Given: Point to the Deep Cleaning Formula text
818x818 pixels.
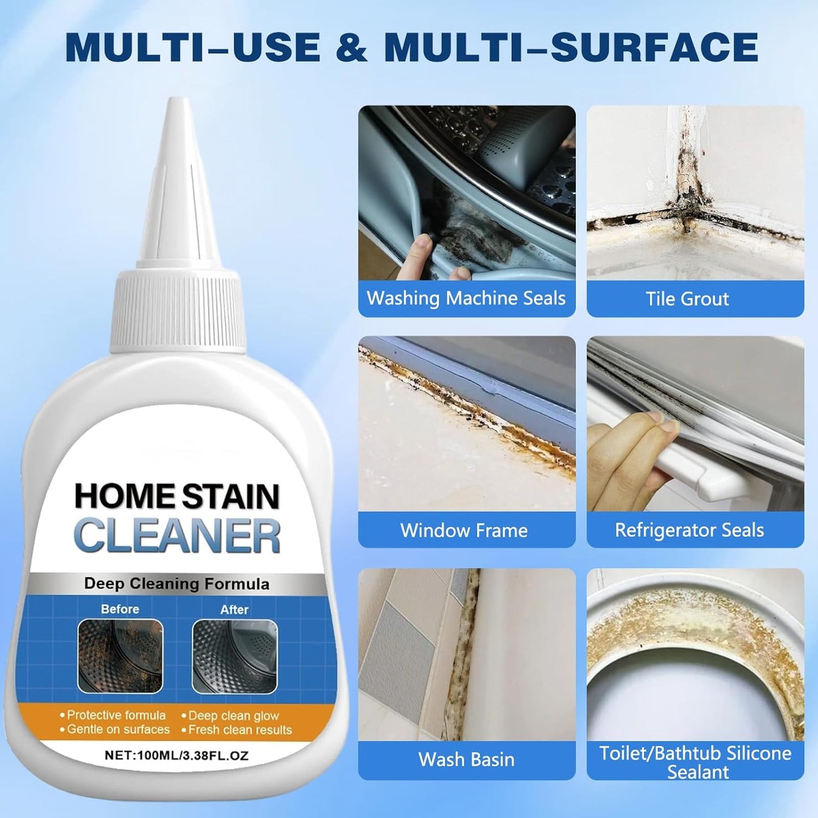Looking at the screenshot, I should click(177, 584).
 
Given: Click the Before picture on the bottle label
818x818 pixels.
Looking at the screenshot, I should click(120, 656).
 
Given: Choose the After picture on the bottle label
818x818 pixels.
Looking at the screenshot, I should click(234, 656).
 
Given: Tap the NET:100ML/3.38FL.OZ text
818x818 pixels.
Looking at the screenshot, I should click(177, 755).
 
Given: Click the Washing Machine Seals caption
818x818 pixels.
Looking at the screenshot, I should click(466, 298).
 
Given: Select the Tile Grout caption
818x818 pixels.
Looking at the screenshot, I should click(687, 299).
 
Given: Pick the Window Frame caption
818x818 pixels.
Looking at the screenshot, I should click(464, 530).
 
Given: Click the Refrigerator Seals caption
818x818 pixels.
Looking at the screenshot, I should click(689, 530).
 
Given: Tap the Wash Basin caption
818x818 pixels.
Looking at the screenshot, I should click(466, 759).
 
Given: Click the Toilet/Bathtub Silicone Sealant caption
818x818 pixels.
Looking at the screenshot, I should click(695, 762).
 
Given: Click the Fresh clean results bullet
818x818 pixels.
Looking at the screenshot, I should click(239, 730).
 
